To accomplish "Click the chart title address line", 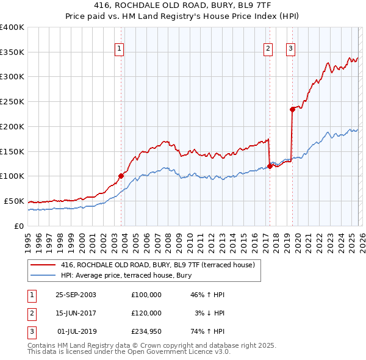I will pyautogui.click(x=182, y=5).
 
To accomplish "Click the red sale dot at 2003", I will pyautogui.click(x=121, y=176).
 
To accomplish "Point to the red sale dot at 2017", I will pyautogui.click(x=270, y=166).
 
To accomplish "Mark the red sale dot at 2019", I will pyautogui.click(x=292, y=109).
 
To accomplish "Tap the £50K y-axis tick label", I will pyautogui.click(x=14, y=201).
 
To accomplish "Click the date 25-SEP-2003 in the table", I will pyautogui.click(x=76, y=295).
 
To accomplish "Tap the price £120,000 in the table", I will pyautogui.click(x=146, y=313).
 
